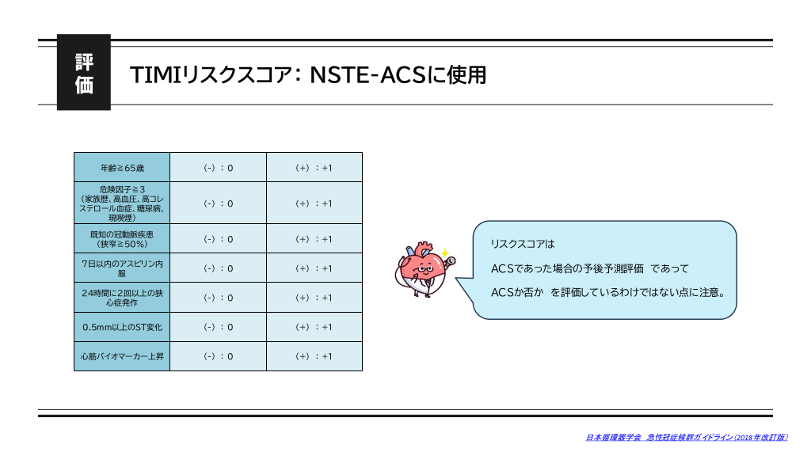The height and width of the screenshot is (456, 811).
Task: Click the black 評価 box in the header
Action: click(x=84, y=72)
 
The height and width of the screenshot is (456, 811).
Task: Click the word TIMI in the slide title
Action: click(x=154, y=75)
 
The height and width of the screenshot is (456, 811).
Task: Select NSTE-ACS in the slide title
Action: click(x=367, y=75)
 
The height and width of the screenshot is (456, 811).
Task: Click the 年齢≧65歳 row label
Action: click(x=122, y=168)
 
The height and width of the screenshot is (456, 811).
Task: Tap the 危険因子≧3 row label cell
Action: click(x=122, y=203)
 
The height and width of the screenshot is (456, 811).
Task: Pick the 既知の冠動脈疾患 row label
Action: click(x=122, y=238)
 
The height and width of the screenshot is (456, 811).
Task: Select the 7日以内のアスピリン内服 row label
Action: click(x=122, y=268)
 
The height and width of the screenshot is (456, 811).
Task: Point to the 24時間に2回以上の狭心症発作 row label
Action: click(x=122, y=298)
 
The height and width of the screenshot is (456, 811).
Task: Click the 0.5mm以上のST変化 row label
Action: click(x=122, y=327)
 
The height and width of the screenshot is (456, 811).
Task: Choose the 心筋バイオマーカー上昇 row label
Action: click(x=122, y=356)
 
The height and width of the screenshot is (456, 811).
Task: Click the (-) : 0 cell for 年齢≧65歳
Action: click(x=219, y=168)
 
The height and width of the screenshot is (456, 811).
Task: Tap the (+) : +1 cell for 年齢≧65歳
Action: click(x=314, y=168)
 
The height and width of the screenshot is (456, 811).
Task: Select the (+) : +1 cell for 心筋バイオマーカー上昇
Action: click(x=314, y=356)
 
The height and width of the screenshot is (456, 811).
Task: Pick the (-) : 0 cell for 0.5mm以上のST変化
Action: click(x=219, y=327)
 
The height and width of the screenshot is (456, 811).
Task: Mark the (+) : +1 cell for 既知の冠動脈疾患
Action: click(x=314, y=238)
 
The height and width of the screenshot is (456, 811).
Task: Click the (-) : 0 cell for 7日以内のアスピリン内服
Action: click(x=219, y=268)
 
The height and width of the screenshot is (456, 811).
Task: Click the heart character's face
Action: click(x=425, y=268)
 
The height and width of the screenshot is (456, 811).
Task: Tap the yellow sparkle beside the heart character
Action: click(x=444, y=253)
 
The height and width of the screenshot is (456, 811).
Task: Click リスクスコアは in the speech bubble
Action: click(x=523, y=244)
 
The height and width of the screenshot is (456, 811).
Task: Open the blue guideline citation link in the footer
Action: click(x=687, y=437)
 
